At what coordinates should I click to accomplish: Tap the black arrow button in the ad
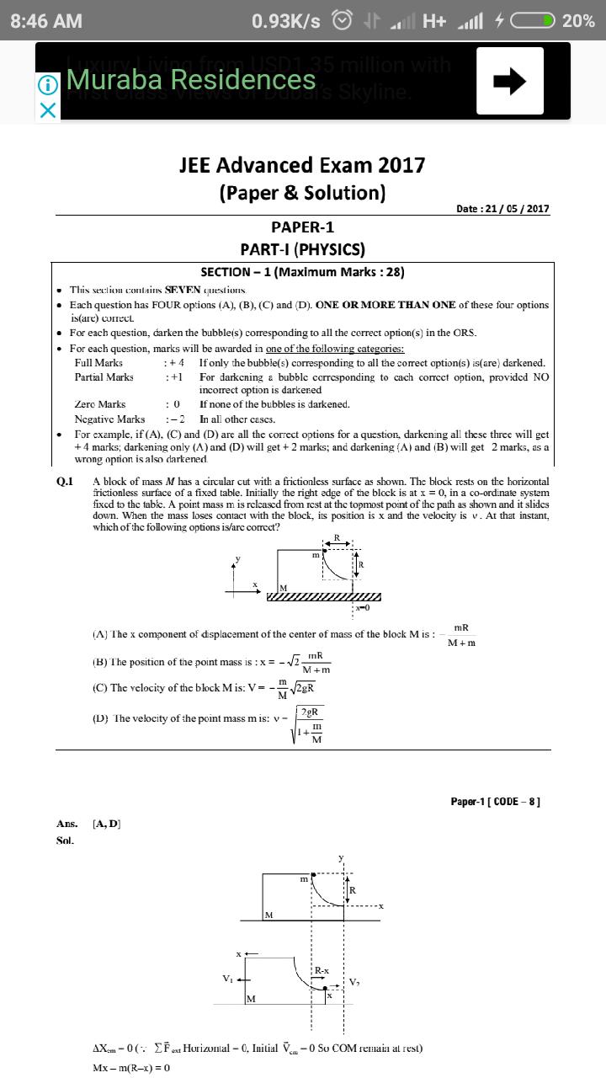coord(509,81)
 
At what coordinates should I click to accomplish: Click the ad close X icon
coord(49,110)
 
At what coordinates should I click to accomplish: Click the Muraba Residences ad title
coord(190,80)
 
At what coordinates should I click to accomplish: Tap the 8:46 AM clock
coord(46,21)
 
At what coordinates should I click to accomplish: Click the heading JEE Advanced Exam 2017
coord(302,165)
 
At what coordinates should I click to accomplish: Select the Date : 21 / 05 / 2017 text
coord(502,209)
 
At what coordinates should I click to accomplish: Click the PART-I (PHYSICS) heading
coord(302,249)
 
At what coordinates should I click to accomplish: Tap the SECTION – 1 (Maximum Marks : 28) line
coord(302,272)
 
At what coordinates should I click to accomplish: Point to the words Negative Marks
coord(109,419)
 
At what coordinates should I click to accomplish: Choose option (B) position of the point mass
coord(210,662)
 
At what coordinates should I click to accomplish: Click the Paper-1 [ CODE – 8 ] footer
coord(495,801)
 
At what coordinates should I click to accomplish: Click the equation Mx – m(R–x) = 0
coord(131,1068)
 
